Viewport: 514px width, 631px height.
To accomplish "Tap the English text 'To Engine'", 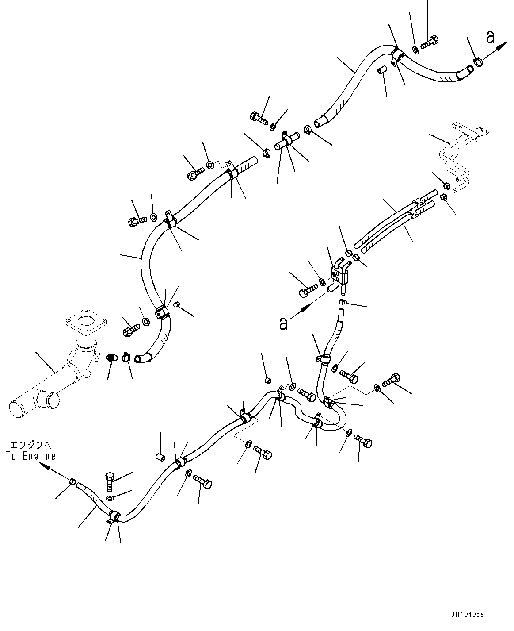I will point(31,456).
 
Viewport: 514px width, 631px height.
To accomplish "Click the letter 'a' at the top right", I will point(490,37).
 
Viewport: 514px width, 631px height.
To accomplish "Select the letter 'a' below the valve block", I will point(283,323).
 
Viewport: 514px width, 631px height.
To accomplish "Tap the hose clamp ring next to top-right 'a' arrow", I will point(478,63).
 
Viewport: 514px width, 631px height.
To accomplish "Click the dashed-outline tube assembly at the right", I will point(460,155).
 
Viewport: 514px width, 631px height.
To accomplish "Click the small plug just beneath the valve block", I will point(343,302).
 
